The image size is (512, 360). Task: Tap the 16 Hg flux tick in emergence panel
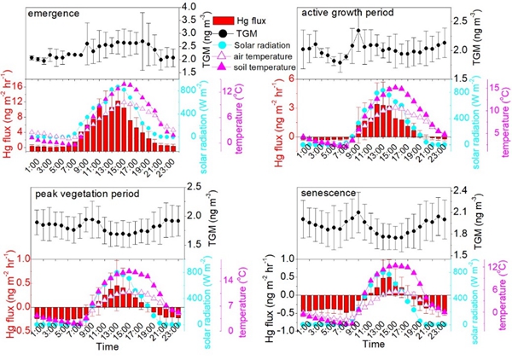click(17, 83)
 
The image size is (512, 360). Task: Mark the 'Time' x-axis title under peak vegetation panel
click(108, 349)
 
